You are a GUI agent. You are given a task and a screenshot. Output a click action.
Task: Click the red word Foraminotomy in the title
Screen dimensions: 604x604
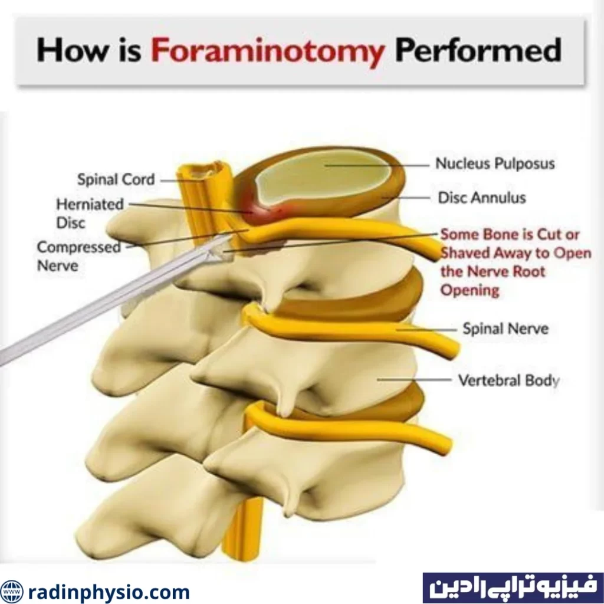pyautogui.click(x=267, y=51)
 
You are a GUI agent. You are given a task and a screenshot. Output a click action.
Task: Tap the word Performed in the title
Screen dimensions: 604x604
pyautogui.click(x=478, y=51)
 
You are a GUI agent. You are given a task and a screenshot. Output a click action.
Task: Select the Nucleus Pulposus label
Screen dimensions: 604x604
pyautogui.click(x=495, y=163)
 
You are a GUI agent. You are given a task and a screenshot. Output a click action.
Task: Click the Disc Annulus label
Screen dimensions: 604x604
pyautogui.click(x=481, y=198)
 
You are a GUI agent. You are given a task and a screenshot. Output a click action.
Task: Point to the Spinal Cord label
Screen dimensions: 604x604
pyautogui.click(x=116, y=179)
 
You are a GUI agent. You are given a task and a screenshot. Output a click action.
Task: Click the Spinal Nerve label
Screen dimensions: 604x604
pyautogui.click(x=505, y=329)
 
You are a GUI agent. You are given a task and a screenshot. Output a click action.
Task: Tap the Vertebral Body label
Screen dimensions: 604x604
pyautogui.click(x=508, y=380)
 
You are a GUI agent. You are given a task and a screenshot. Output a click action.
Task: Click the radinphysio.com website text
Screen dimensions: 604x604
pyautogui.click(x=109, y=591)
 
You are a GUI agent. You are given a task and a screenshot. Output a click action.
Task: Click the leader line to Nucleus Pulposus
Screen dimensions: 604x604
pyautogui.click(x=377, y=165)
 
